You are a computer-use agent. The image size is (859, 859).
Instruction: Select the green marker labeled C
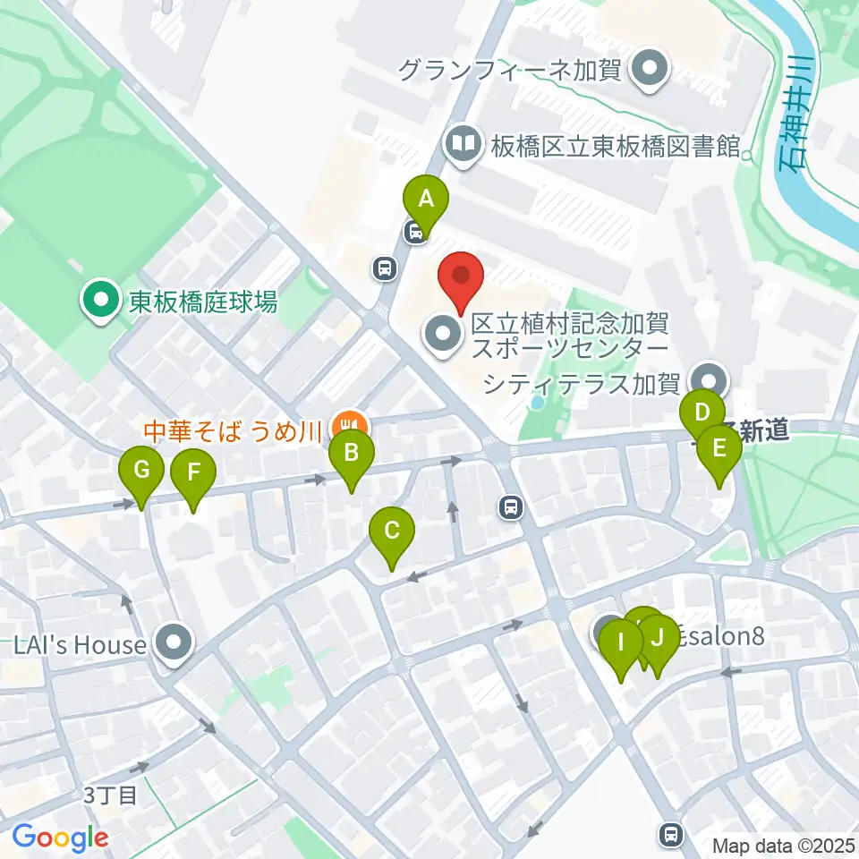(x=392, y=531)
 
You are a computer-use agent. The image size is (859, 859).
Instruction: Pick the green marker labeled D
(x=702, y=413)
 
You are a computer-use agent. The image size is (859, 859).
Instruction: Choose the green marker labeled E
(x=719, y=448)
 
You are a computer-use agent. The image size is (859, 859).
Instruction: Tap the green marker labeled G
(x=142, y=470)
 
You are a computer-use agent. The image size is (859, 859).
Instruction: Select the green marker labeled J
(x=658, y=638)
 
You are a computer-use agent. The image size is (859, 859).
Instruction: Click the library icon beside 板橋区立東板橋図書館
(x=464, y=143)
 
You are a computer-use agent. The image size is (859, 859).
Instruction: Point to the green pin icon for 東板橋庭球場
(x=101, y=301)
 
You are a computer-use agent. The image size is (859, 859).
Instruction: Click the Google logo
(x=60, y=838)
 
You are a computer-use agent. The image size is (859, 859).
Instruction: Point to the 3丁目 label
(x=110, y=795)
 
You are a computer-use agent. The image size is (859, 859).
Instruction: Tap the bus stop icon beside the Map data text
(x=670, y=834)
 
